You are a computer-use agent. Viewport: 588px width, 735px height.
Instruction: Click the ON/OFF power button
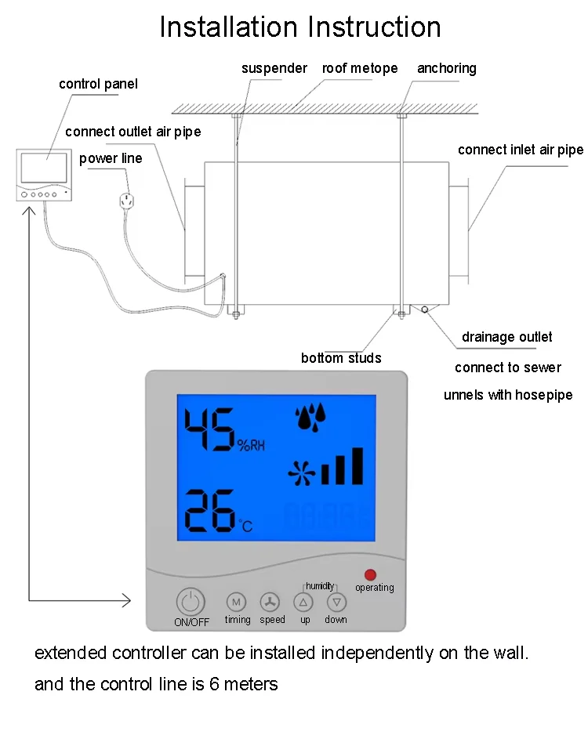coord(191,602)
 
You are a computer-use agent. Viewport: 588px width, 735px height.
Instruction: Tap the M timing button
coord(236,602)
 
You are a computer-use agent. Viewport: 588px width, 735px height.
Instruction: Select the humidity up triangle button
coord(303,602)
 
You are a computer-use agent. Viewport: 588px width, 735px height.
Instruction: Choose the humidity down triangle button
coord(336,602)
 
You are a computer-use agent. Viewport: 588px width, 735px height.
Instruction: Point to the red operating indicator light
coord(370,574)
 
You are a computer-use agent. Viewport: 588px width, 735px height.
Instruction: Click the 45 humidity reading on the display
coord(209,431)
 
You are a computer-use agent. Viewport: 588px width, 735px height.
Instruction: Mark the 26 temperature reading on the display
coord(209,510)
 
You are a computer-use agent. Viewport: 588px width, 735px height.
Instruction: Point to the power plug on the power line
coord(125,201)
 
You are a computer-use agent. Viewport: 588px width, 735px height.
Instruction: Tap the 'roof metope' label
coord(360,68)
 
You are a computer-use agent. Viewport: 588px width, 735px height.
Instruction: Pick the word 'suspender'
coord(274,68)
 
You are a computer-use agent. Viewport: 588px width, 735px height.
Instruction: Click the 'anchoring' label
coord(446,68)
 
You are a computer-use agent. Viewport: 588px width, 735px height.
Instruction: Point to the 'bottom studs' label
coord(341,358)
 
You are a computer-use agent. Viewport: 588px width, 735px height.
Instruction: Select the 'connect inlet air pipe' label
coord(521,150)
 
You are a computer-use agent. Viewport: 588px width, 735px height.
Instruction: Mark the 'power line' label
coord(111,158)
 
